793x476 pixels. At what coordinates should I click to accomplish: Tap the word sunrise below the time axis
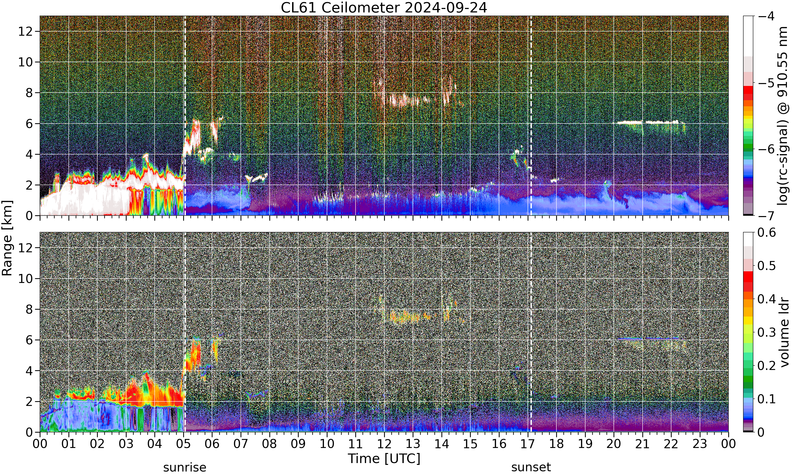pos(185,467)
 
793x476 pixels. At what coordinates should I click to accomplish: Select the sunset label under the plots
pos(531,467)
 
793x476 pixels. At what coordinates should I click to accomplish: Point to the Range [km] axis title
pos(7,238)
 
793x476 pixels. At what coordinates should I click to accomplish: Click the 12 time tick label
pos(384,444)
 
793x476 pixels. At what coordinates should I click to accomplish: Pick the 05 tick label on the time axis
pos(183,444)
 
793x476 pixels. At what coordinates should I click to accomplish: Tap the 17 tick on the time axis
pos(528,444)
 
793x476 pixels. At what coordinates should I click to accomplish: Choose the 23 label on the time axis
pos(700,444)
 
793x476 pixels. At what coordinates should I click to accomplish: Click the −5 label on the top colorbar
pos(766,83)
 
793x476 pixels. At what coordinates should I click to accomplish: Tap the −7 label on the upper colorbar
pos(766,216)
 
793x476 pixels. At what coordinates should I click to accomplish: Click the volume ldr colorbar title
pos(784,333)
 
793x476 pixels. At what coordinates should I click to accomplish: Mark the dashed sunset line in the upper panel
pos(531,116)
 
